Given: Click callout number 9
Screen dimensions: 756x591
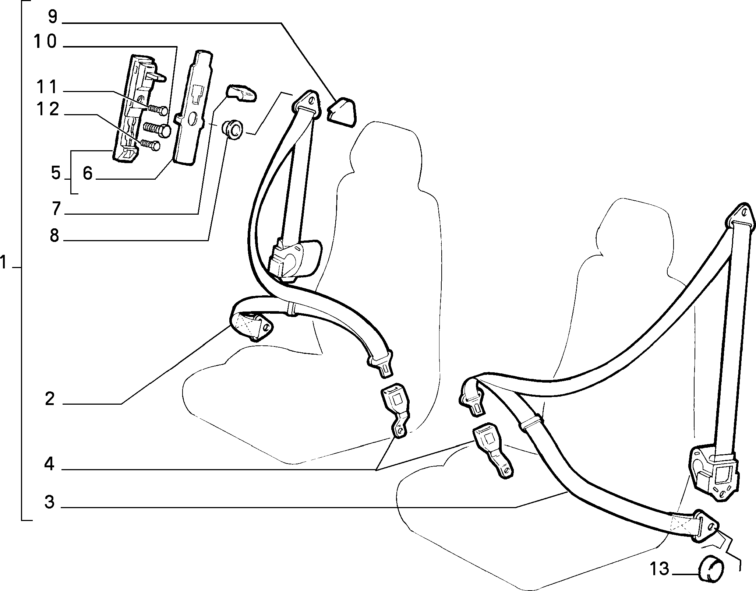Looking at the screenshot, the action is click(53, 17).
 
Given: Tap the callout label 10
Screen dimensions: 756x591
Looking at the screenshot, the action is click(45, 42).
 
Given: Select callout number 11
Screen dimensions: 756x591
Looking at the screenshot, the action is click(47, 87).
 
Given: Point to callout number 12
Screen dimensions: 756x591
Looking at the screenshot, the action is click(47, 109).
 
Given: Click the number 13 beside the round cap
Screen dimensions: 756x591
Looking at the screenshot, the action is click(659, 569).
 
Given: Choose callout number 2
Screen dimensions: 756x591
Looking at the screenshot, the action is click(50, 399).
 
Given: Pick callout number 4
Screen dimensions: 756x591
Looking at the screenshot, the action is click(49, 464).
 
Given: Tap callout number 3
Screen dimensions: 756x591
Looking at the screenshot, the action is click(49, 502).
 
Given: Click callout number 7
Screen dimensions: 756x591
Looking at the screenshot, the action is click(56, 209).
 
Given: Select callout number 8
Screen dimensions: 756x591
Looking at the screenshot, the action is click(54, 236).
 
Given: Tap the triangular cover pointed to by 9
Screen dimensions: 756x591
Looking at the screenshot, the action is click(342, 112).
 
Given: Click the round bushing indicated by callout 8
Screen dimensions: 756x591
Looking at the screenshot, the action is click(232, 130).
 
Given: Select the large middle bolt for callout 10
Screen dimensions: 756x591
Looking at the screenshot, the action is click(158, 129).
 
